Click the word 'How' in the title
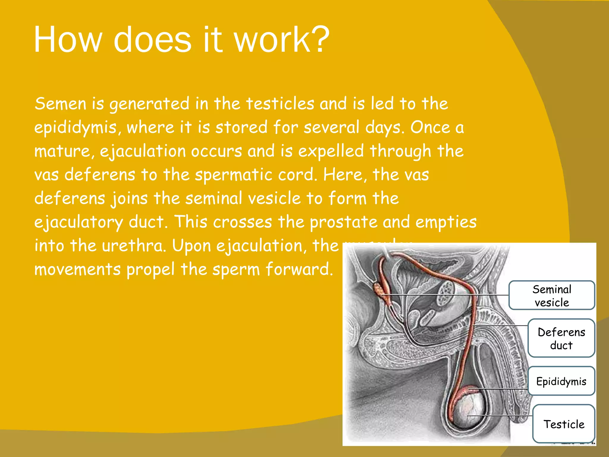68,40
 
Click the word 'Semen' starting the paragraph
60,104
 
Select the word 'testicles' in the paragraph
280,104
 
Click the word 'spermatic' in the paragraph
233,175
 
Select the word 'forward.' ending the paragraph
299,269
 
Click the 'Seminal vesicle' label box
552,295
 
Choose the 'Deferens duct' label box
561,338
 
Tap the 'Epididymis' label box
561,381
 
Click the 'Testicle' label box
564,424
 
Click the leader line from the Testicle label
500,415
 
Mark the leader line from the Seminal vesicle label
446,295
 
